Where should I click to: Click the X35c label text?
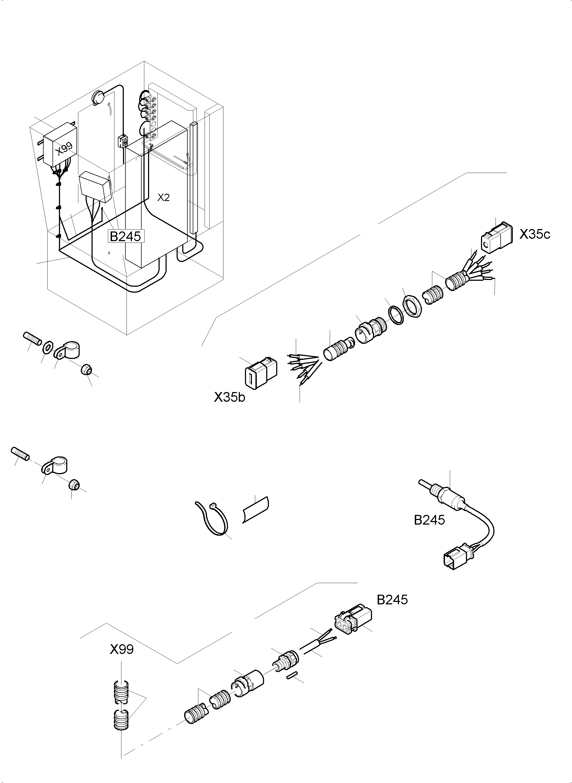[x=534, y=235]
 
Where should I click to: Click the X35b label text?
[x=229, y=397]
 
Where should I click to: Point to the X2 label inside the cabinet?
[x=163, y=198]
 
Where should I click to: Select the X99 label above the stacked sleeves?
[x=121, y=649]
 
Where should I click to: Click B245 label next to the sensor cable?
[x=429, y=520]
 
